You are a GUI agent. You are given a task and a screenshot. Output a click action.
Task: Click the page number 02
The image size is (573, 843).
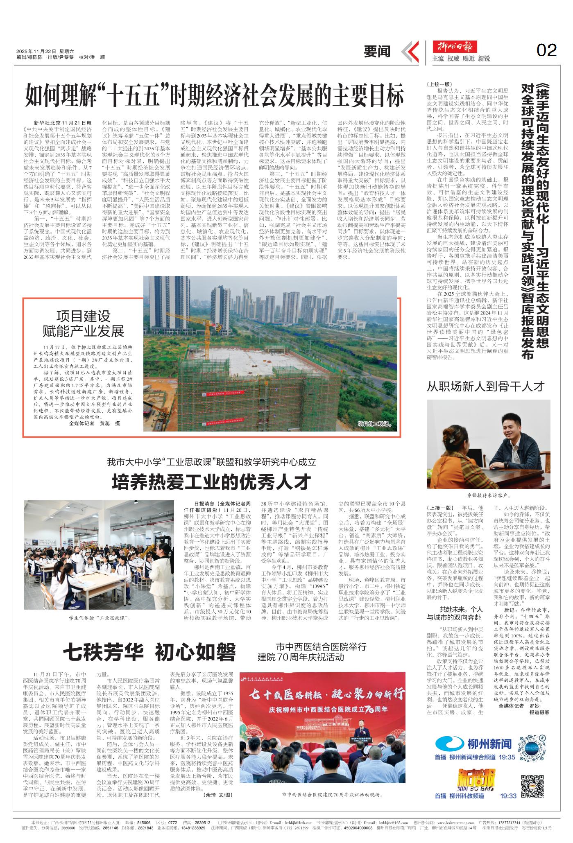[x=546, y=50]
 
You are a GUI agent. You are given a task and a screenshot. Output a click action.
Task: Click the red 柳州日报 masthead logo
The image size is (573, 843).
[x=455, y=46]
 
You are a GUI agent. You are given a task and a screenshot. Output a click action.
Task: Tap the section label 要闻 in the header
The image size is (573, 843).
[x=377, y=52]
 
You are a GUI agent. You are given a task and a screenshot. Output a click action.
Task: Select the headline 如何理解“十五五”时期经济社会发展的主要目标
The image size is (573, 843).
[x=214, y=96]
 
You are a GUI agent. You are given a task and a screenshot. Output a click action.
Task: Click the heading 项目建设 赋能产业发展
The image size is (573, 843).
[x=84, y=323]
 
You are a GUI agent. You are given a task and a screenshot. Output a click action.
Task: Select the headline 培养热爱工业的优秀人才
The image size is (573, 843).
[x=212, y=482]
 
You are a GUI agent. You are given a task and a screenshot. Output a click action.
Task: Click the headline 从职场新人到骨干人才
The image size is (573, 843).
[x=486, y=386]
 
